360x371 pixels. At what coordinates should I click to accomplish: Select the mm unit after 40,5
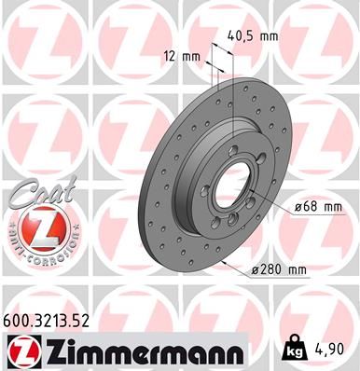pos(269,38)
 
